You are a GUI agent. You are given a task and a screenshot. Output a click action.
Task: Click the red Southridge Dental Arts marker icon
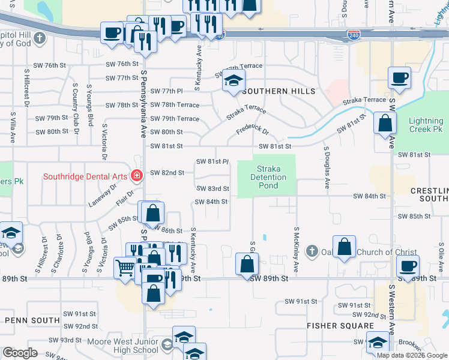pyautogui.click(x=137, y=176)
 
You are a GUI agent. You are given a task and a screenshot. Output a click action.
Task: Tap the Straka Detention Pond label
pyautogui.click(x=268, y=178)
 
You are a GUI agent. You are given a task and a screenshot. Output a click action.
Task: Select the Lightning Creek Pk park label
pyautogui.click(x=426, y=125)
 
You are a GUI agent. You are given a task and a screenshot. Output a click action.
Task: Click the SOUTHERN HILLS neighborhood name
pyautogui.click(x=279, y=91)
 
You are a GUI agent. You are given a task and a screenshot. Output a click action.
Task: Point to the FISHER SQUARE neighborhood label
pyautogui.click(x=340, y=326)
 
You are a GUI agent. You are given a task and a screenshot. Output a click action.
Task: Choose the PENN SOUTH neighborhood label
pyautogui.click(x=32, y=320)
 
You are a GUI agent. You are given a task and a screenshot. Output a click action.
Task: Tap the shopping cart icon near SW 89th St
pyautogui.click(x=125, y=268)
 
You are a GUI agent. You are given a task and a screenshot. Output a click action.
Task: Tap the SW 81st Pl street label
pyautogui.click(x=213, y=161)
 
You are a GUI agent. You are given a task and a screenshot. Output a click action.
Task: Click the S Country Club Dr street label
pyautogui.click(x=76, y=109)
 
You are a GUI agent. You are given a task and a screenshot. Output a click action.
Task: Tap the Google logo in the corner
pyautogui.click(x=20, y=353)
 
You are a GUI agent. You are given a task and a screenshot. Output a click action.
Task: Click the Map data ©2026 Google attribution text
pyautogui.click(x=412, y=355)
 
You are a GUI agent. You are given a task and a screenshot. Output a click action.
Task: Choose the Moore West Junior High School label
pyautogui.click(x=130, y=346)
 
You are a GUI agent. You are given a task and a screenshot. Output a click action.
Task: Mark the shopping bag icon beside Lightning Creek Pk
pyautogui.click(x=385, y=123)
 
